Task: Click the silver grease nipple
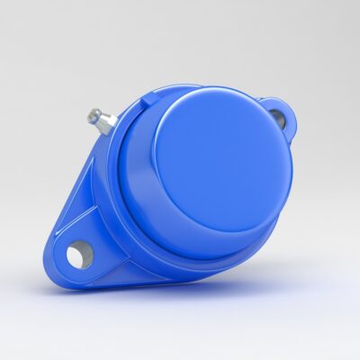pyautogui.click(x=100, y=119)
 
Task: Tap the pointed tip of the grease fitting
pyautogui.click(x=91, y=113)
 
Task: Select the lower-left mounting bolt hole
pyautogui.click(x=79, y=255)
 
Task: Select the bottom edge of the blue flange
pyautogui.click(x=135, y=284)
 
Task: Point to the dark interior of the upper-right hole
pyautogui.click(x=276, y=116)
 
